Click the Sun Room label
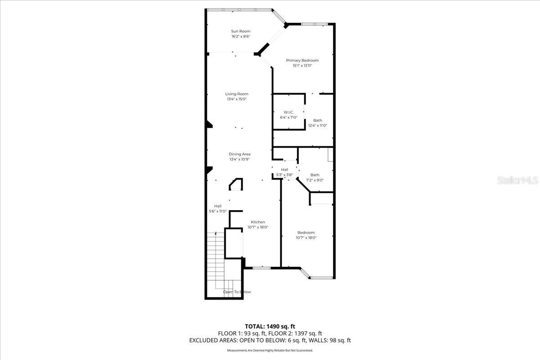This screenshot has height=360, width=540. (x=241, y=31)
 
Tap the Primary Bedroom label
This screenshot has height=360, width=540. (x=302, y=60)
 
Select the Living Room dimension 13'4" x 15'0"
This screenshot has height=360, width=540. (x=237, y=99)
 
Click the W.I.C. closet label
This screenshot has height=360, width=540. (x=288, y=112)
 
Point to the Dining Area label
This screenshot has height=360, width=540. (x=239, y=154)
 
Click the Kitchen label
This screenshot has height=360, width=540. (x=258, y=222)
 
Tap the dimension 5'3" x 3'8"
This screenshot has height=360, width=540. (x=284, y=175)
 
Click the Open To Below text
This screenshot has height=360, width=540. (x=237, y=292)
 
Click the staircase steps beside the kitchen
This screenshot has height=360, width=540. (x=216, y=261)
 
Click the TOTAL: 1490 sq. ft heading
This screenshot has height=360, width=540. (x=270, y=326)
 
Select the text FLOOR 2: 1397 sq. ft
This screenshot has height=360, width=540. (x=295, y=333)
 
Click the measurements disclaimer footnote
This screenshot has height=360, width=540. (x=270, y=350)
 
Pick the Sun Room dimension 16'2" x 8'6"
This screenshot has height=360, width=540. (x=241, y=36)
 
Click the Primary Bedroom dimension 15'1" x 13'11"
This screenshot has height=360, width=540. (x=302, y=66)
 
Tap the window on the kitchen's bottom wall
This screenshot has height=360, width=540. (x=261, y=268)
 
